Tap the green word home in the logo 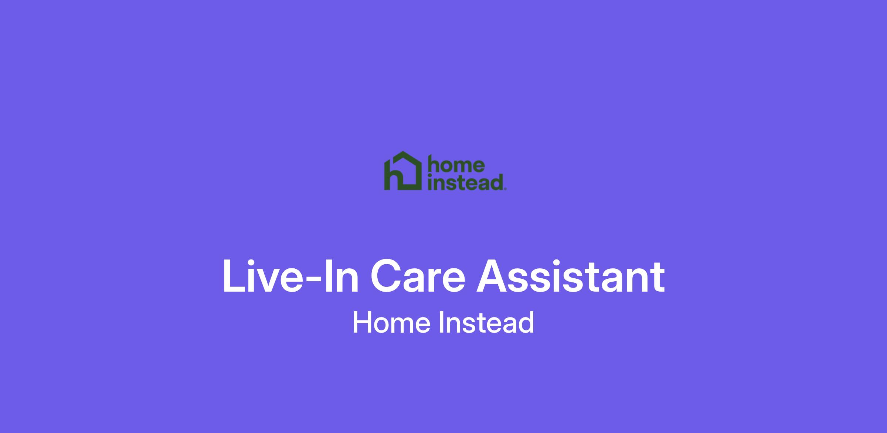coord(456,164)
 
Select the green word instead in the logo coord(465,182)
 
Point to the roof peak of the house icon coord(403,152)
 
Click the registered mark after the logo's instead coord(505,189)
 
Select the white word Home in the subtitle coord(391,322)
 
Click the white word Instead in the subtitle coord(486,322)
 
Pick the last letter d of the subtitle coord(527,322)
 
